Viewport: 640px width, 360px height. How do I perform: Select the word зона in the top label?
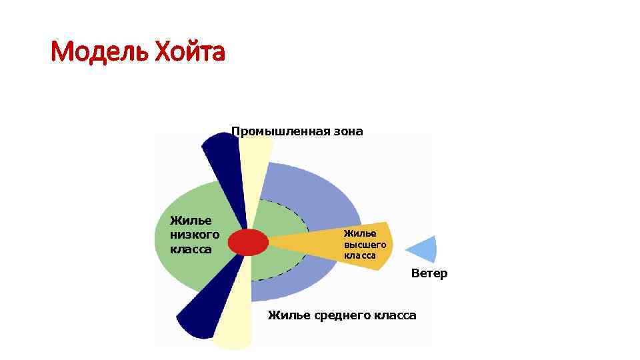(349, 131)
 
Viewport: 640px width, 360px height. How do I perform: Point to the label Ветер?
(429, 273)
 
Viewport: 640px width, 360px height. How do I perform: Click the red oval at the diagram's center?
(248, 242)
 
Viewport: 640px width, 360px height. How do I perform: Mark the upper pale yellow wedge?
(255, 167)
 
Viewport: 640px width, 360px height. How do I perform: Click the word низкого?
(195, 235)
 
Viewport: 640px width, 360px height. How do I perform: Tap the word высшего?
(365, 245)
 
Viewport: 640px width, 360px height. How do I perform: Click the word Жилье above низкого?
(191, 220)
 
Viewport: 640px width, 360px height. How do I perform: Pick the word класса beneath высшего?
(361, 255)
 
